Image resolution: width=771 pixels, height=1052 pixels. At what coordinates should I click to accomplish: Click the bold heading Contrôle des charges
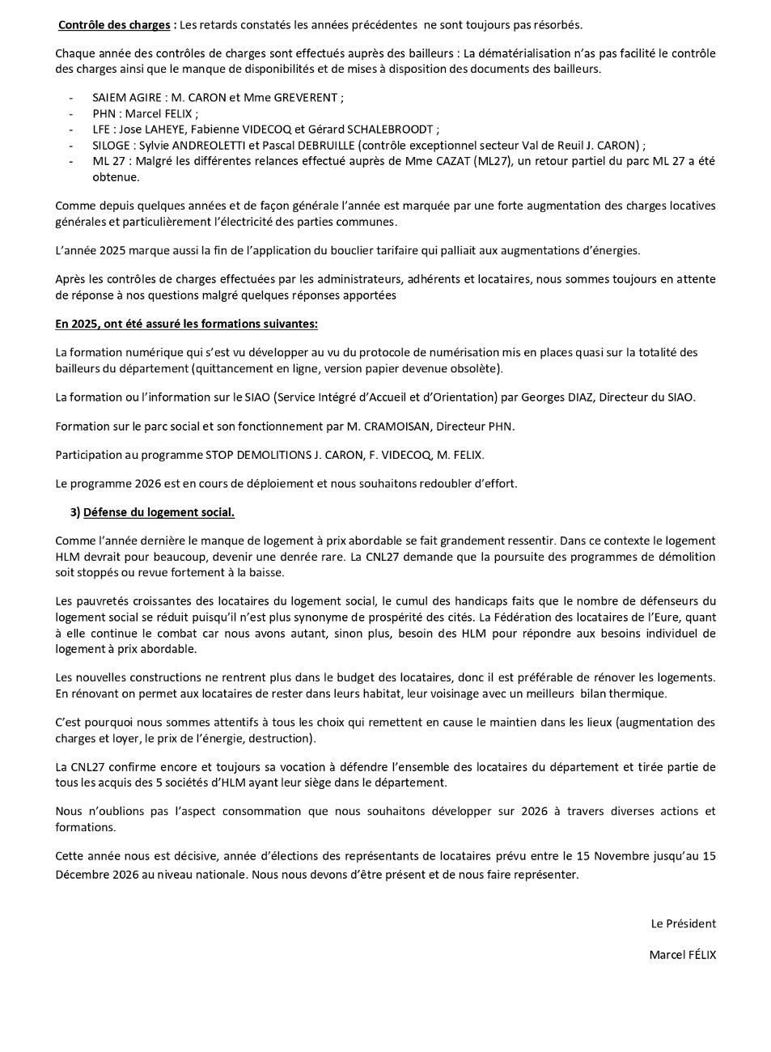pyautogui.click(x=114, y=25)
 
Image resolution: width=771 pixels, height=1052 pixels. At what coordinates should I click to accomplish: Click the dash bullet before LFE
pyautogui.click(x=72, y=129)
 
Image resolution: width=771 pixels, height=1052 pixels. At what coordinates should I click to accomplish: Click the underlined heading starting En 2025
pyautogui.click(x=186, y=324)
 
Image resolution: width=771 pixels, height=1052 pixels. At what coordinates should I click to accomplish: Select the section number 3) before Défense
pyautogui.click(x=75, y=512)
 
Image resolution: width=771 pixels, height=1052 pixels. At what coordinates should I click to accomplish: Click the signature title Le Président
pyautogui.click(x=683, y=923)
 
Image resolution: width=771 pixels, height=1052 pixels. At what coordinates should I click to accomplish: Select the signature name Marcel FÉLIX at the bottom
pyautogui.click(x=682, y=955)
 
